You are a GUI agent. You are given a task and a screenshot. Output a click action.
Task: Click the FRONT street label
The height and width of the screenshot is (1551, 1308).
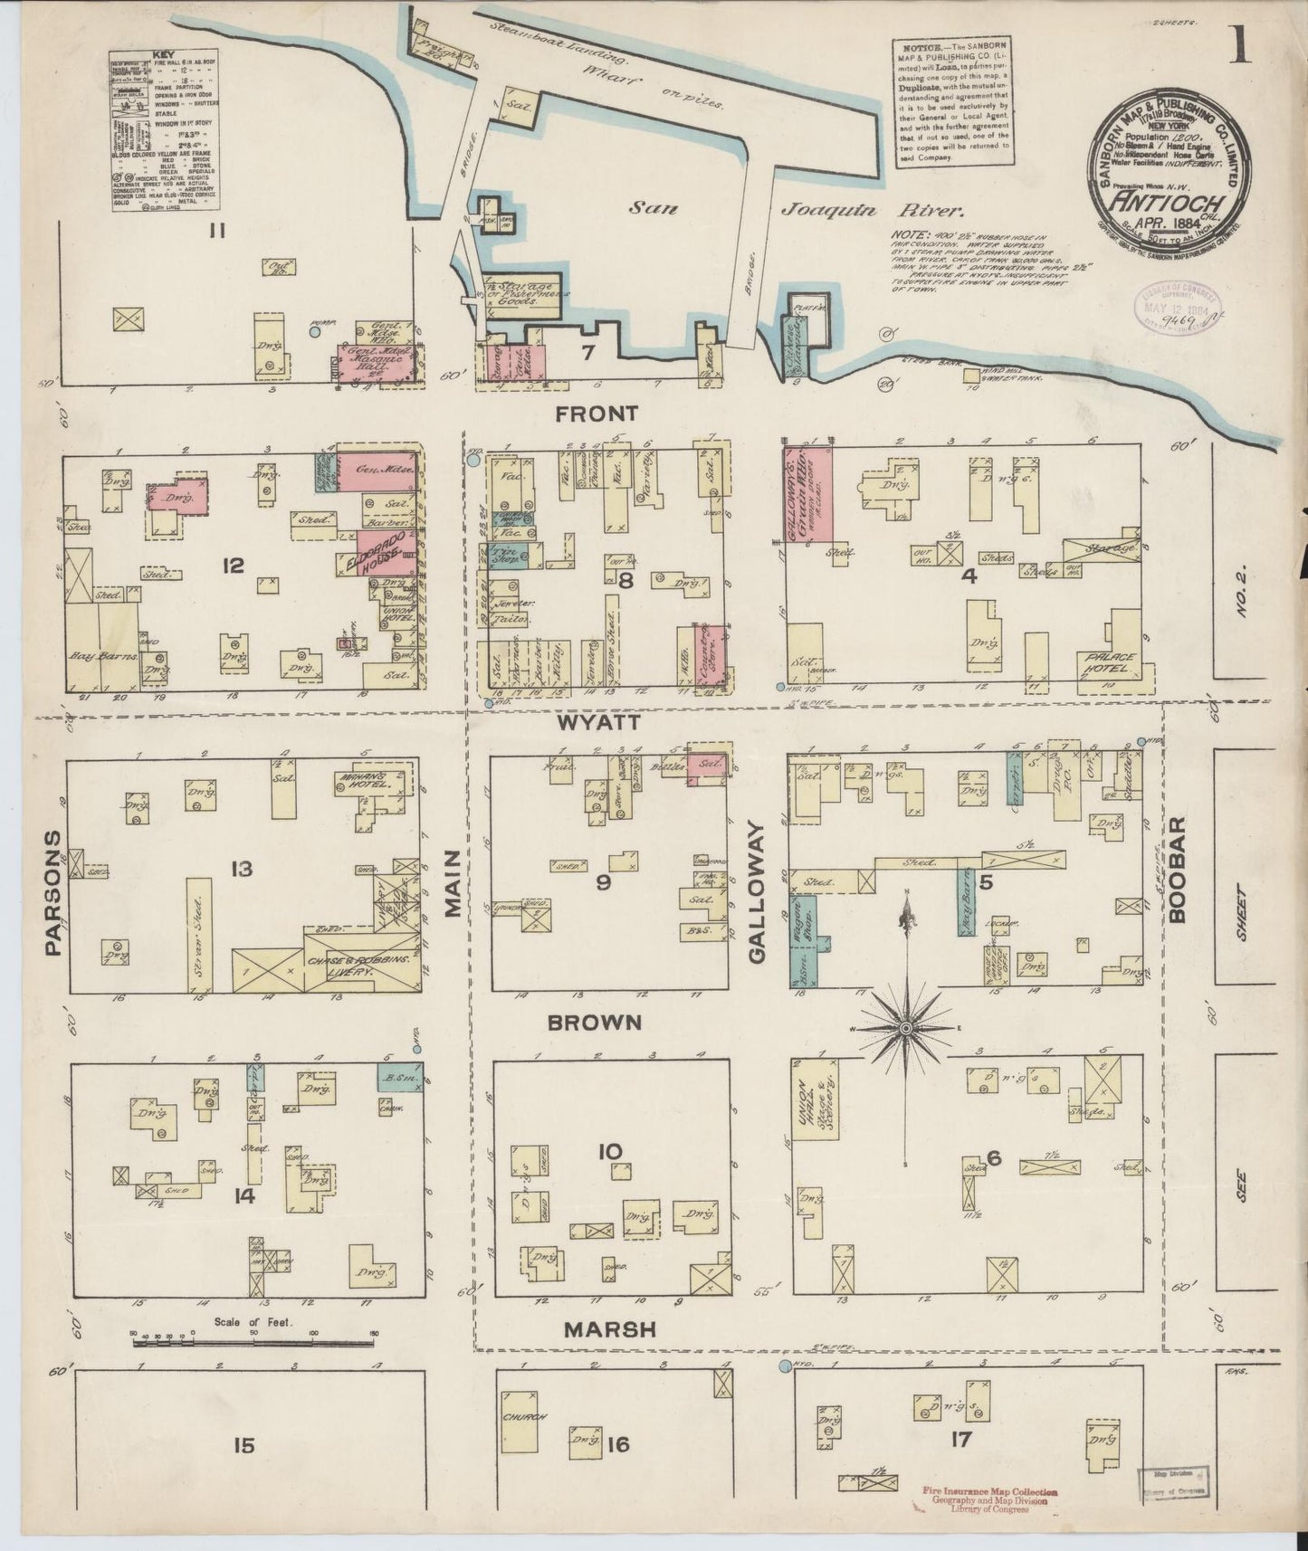[597, 414]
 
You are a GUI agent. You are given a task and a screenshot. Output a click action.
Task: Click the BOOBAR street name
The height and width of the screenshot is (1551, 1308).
[1176, 870]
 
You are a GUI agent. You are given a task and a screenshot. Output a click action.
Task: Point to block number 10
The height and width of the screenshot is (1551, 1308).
[611, 1152]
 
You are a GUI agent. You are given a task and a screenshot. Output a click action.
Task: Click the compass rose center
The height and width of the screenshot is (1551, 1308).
[904, 1030]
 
